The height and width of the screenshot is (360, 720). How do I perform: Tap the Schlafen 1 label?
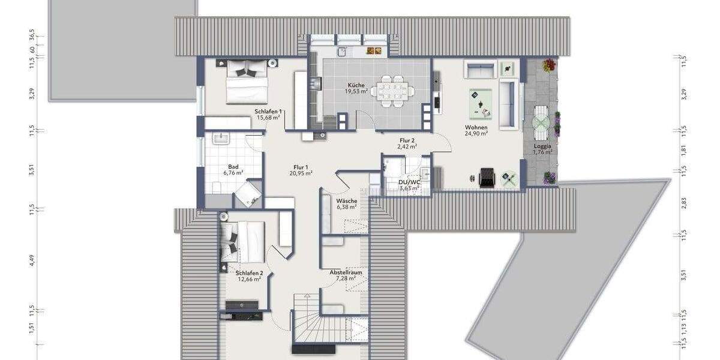click(269, 112)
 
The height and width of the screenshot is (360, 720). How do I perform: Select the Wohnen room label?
click(476, 128)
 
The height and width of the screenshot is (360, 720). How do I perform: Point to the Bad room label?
click(233, 167)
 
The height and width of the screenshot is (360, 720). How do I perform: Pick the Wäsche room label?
click(347, 201)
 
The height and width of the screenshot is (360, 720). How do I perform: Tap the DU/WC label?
click(409, 182)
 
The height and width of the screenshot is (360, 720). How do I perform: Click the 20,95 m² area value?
click(301, 173)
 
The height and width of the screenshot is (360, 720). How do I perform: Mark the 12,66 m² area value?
click(248, 279)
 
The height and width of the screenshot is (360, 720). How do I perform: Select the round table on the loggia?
click(541, 122)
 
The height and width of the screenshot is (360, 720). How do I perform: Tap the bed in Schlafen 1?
click(246, 83)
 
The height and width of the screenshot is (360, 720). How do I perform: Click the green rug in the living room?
click(481, 102)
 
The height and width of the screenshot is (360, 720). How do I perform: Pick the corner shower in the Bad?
click(248, 193)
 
